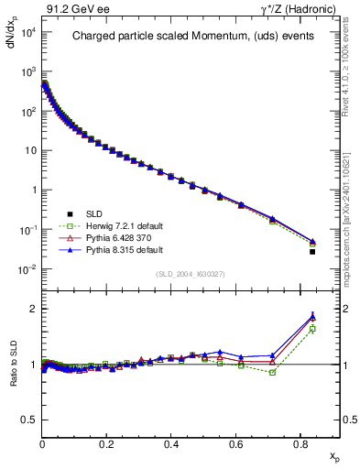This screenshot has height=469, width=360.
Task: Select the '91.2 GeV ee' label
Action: click(71, 10)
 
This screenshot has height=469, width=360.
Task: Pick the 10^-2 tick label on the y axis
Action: click(26, 269)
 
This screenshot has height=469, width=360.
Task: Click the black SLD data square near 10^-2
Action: click(312, 251)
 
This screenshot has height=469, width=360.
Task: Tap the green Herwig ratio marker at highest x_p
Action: click(312, 329)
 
